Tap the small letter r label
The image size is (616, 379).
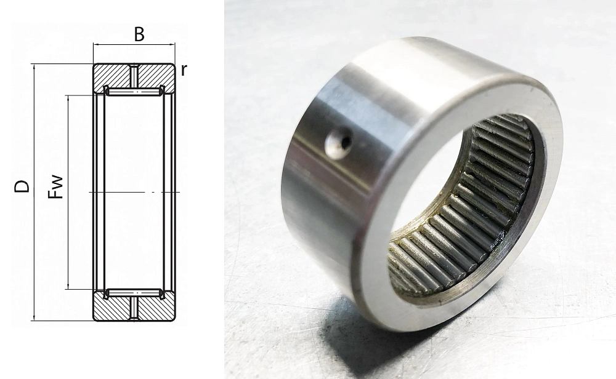(184, 70)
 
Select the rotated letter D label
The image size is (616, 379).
(22, 186)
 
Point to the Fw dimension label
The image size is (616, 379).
(55, 187)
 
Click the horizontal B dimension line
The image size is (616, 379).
(134, 44)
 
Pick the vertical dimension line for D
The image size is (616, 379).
(34, 193)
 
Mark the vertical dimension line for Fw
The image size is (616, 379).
(69, 192)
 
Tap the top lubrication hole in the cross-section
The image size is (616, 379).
(134, 76)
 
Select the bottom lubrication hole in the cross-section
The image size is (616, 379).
(134, 308)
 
